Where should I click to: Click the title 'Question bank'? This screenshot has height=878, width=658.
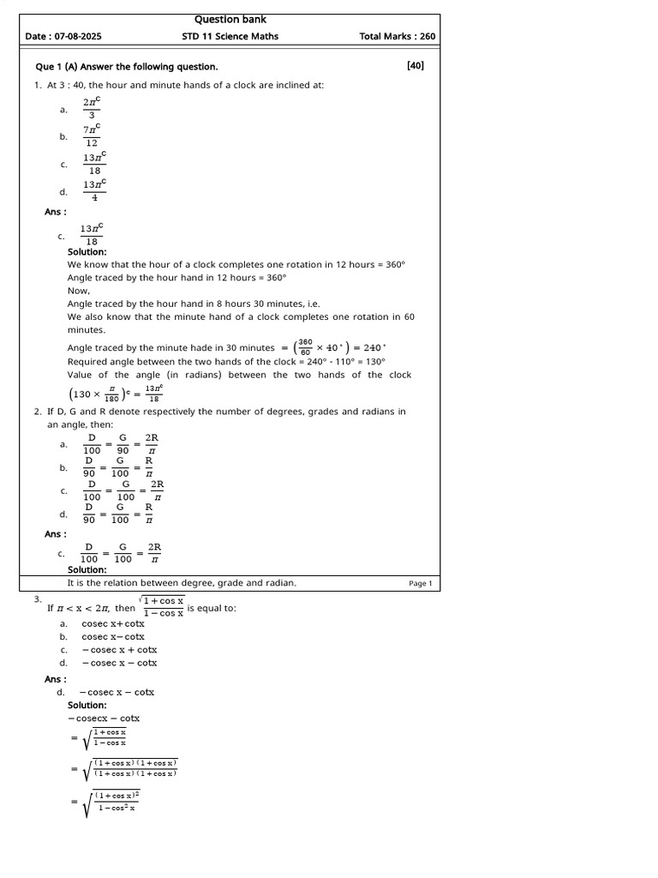coord(230,20)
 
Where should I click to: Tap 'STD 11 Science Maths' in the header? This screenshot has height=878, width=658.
coord(230,37)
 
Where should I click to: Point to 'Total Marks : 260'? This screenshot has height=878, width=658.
coord(397,37)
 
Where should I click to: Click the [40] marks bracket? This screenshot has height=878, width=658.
coord(416,65)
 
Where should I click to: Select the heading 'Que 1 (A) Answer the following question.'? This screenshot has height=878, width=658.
coord(126,66)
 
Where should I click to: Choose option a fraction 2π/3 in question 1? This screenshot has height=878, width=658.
coord(93,109)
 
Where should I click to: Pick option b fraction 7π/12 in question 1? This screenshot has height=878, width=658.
coord(93,135)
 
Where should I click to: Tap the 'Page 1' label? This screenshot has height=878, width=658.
coord(421,584)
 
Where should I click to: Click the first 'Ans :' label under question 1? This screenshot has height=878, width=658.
coord(56,211)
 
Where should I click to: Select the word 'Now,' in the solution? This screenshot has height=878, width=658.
coord(79,291)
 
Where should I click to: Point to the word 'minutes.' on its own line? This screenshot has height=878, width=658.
coord(87,329)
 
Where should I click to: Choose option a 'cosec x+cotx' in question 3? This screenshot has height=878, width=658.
coord(113,623)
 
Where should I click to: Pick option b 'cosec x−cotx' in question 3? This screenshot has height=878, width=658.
coord(113,636)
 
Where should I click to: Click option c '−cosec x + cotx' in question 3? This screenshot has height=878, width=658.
coord(119,649)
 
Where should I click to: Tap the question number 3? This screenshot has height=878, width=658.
coord(38,599)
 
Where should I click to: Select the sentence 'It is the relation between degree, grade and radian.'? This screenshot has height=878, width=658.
coord(182,583)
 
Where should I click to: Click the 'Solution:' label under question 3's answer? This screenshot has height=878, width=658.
coord(87,705)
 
